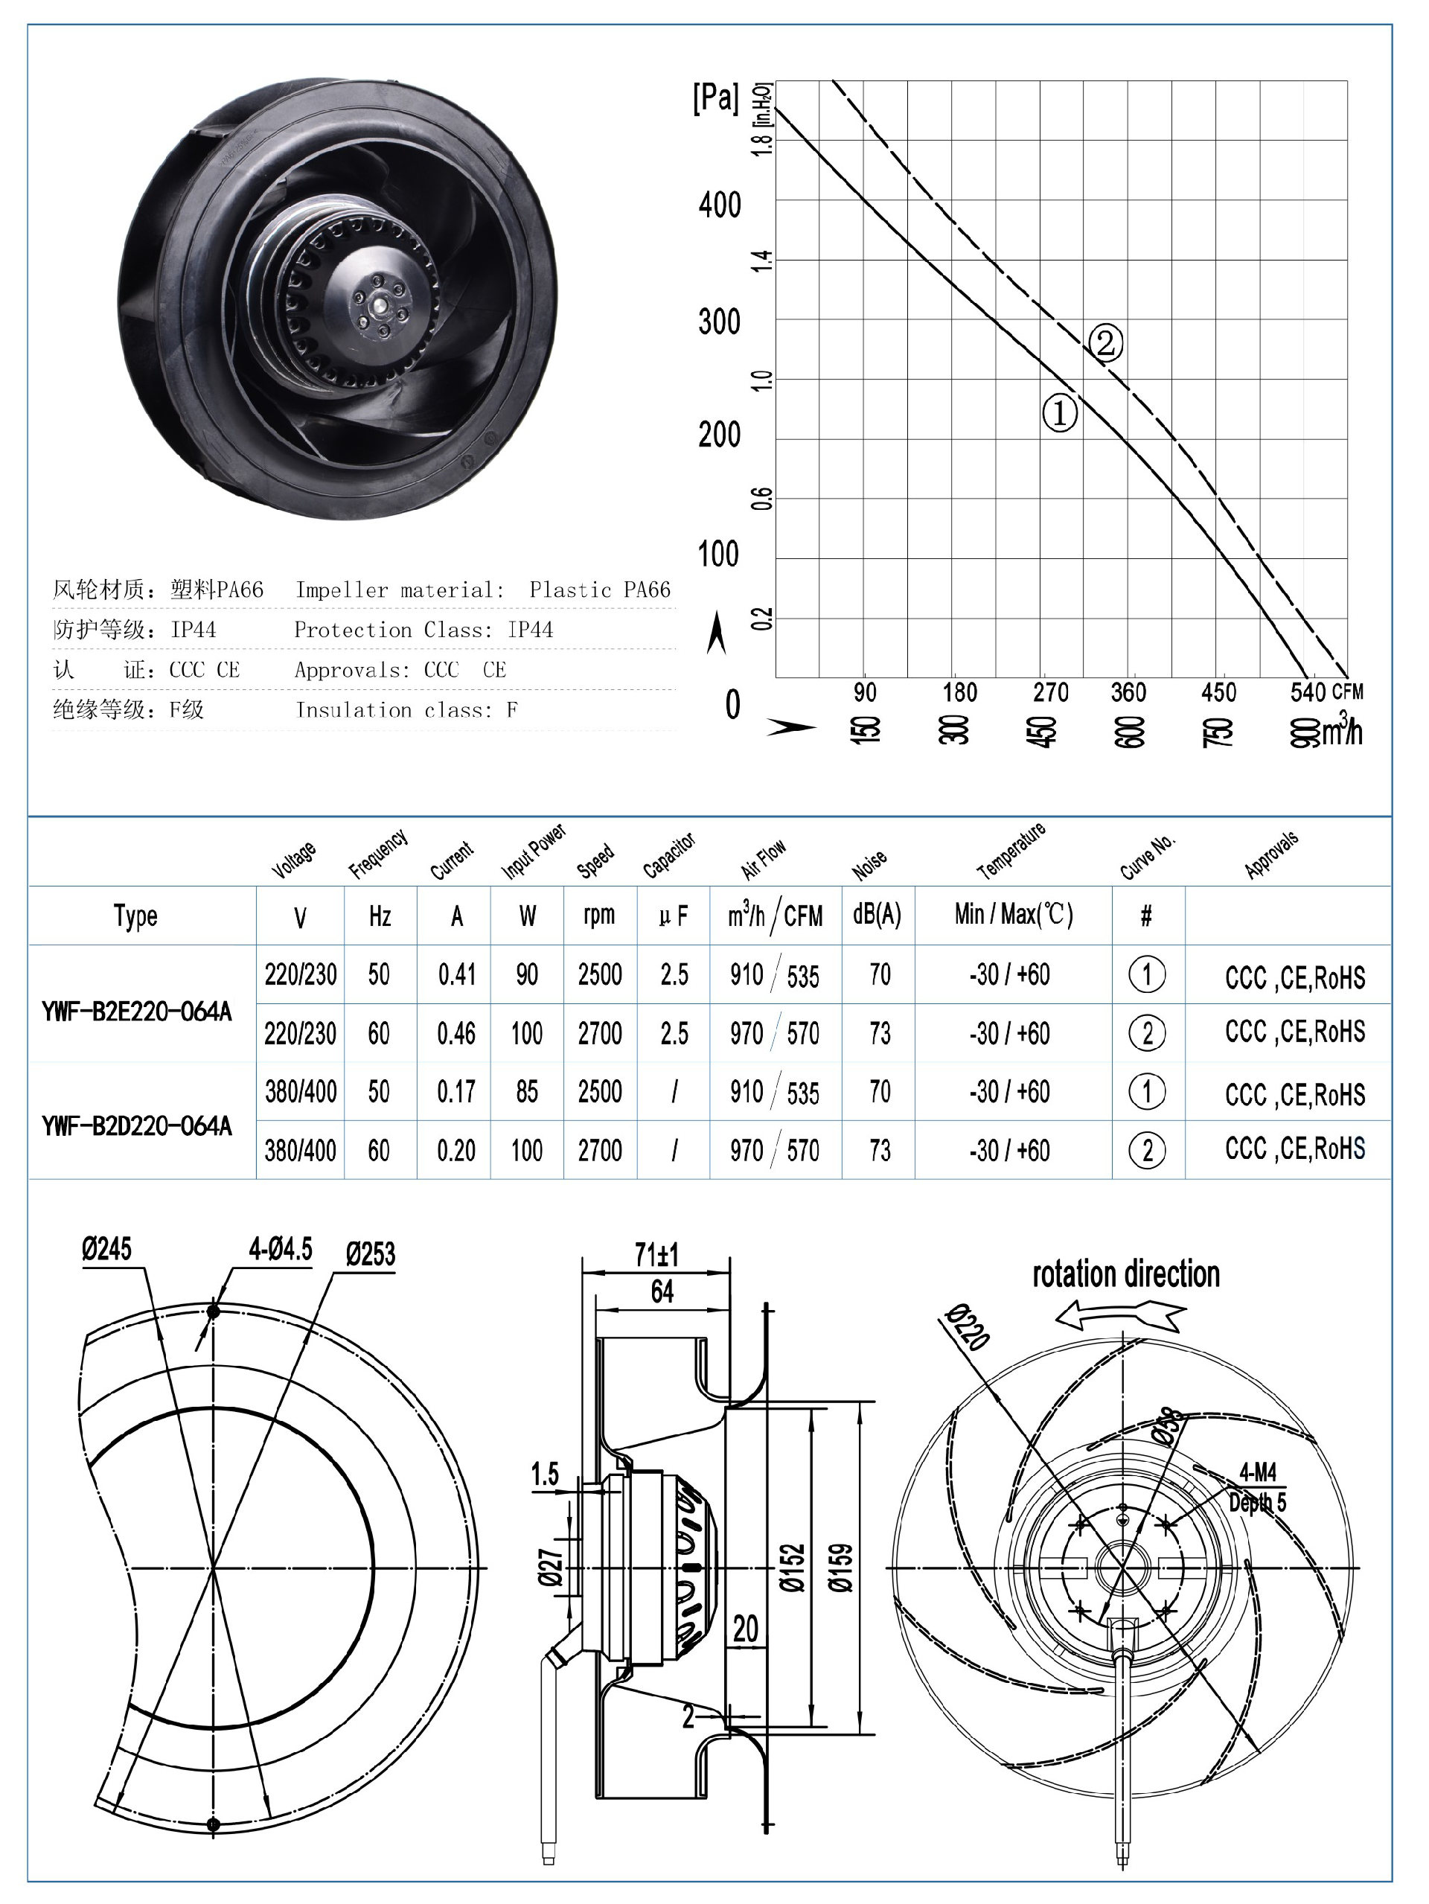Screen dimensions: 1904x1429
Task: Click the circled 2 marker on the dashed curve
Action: [x=1105, y=342]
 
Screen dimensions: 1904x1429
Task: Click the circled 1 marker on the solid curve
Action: [x=1060, y=413]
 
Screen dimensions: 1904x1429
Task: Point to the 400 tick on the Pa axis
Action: [x=720, y=205]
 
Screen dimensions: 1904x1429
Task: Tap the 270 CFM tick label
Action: [x=1050, y=692]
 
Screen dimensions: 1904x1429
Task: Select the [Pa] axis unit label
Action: [x=715, y=98]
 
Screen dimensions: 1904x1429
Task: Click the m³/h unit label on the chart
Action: [x=1342, y=731]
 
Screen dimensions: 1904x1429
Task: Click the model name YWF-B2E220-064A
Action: [x=137, y=1012]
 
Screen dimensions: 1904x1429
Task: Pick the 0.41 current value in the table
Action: [x=456, y=974]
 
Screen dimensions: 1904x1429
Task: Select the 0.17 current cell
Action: [x=455, y=1091]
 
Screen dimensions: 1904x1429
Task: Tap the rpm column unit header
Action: [x=599, y=915]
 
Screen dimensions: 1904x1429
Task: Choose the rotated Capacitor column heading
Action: [x=669, y=855]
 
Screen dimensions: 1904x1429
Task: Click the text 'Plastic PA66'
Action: [x=599, y=590]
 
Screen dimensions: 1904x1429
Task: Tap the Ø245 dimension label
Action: [x=106, y=1249]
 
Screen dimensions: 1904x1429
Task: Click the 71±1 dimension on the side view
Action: [x=656, y=1256]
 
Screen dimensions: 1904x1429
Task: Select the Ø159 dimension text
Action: [x=841, y=1567]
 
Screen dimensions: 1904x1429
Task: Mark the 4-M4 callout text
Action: [x=1258, y=1471]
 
